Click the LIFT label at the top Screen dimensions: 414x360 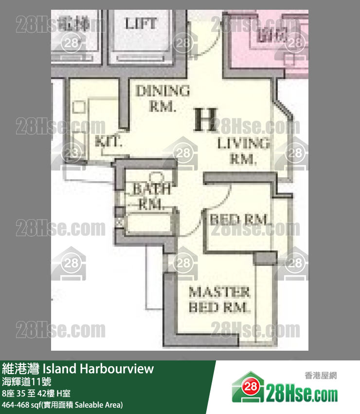coord(141,23)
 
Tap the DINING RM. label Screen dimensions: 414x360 coord(162,98)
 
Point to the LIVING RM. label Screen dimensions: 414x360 coord(243,151)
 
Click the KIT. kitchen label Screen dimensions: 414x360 coord(108,142)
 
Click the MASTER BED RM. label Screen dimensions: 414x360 coord(219,300)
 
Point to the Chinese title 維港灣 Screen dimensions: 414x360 coord(21,369)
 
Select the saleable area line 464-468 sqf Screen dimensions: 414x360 coord(62,405)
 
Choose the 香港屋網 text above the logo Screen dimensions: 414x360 coord(321,376)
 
